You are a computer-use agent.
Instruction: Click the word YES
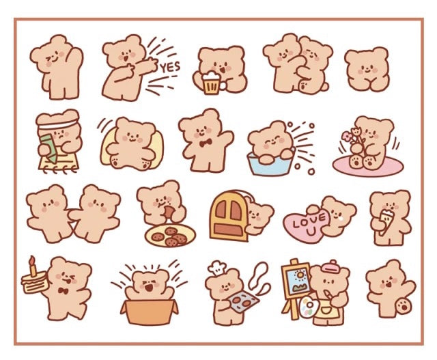[170, 68]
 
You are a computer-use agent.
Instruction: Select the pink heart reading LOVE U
[306, 224]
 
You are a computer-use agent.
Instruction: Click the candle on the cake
[33, 266]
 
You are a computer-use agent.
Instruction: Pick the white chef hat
[216, 267]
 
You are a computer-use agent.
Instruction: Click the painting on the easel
[296, 279]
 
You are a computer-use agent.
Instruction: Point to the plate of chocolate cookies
[170, 236]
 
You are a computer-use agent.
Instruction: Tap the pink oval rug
[368, 166]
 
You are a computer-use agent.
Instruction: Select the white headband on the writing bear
[57, 123]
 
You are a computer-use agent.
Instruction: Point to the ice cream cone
[386, 220]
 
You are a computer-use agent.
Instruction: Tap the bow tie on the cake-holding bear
[63, 291]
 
